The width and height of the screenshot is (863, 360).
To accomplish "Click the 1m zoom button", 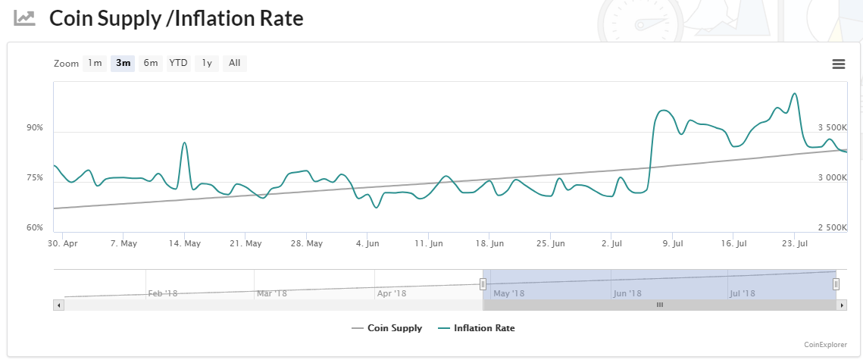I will tap(95, 64).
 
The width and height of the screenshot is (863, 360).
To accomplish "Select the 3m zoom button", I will tap(123, 64).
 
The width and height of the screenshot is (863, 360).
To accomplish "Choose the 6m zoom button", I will tap(151, 64).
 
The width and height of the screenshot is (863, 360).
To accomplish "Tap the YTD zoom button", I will tap(178, 64).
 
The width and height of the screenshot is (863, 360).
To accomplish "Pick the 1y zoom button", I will tap(207, 64).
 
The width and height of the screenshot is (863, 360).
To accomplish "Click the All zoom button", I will tap(234, 64).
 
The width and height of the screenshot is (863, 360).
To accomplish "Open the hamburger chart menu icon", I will tap(839, 64).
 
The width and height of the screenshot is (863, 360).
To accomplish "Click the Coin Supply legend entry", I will tap(387, 328).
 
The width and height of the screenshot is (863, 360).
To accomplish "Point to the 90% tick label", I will tap(35, 128).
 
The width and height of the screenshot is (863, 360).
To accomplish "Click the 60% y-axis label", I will tap(35, 228).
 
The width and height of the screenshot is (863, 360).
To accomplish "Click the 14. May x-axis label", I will tap(184, 244).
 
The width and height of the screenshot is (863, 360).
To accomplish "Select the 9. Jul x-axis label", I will tap(673, 244).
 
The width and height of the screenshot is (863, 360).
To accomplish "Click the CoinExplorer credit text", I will tap(825, 344).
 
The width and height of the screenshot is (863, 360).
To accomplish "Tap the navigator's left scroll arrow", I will tap(59, 305).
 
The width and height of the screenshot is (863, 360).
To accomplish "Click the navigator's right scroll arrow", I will tap(842, 305).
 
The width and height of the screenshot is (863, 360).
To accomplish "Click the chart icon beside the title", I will tap(25, 18).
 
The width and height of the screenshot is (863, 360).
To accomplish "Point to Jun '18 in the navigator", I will tap(627, 293).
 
